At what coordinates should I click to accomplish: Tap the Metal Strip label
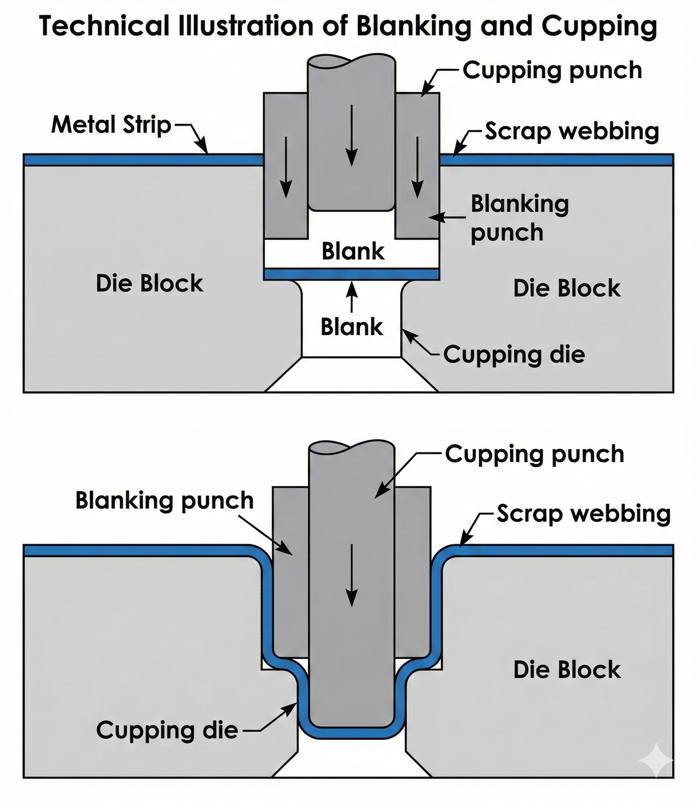pyautogui.click(x=111, y=125)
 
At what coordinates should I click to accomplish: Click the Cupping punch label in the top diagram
pyautogui.click(x=552, y=71)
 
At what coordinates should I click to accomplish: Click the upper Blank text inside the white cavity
pyautogui.click(x=352, y=251)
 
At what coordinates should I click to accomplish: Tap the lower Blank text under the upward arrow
pyautogui.click(x=352, y=327)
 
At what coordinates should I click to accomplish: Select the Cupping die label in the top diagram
pyautogui.click(x=514, y=354)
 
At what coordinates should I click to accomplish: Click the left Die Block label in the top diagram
pyautogui.click(x=149, y=283)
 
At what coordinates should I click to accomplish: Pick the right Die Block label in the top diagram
pyautogui.click(x=567, y=288)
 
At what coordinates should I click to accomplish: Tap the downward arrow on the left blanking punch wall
pyautogui.click(x=286, y=167)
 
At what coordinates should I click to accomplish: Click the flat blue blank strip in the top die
pyautogui.click(x=352, y=274)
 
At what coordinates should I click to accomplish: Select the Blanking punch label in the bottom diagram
pyautogui.click(x=164, y=501)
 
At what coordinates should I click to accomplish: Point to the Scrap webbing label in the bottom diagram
pyautogui.click(x=583, y=514)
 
